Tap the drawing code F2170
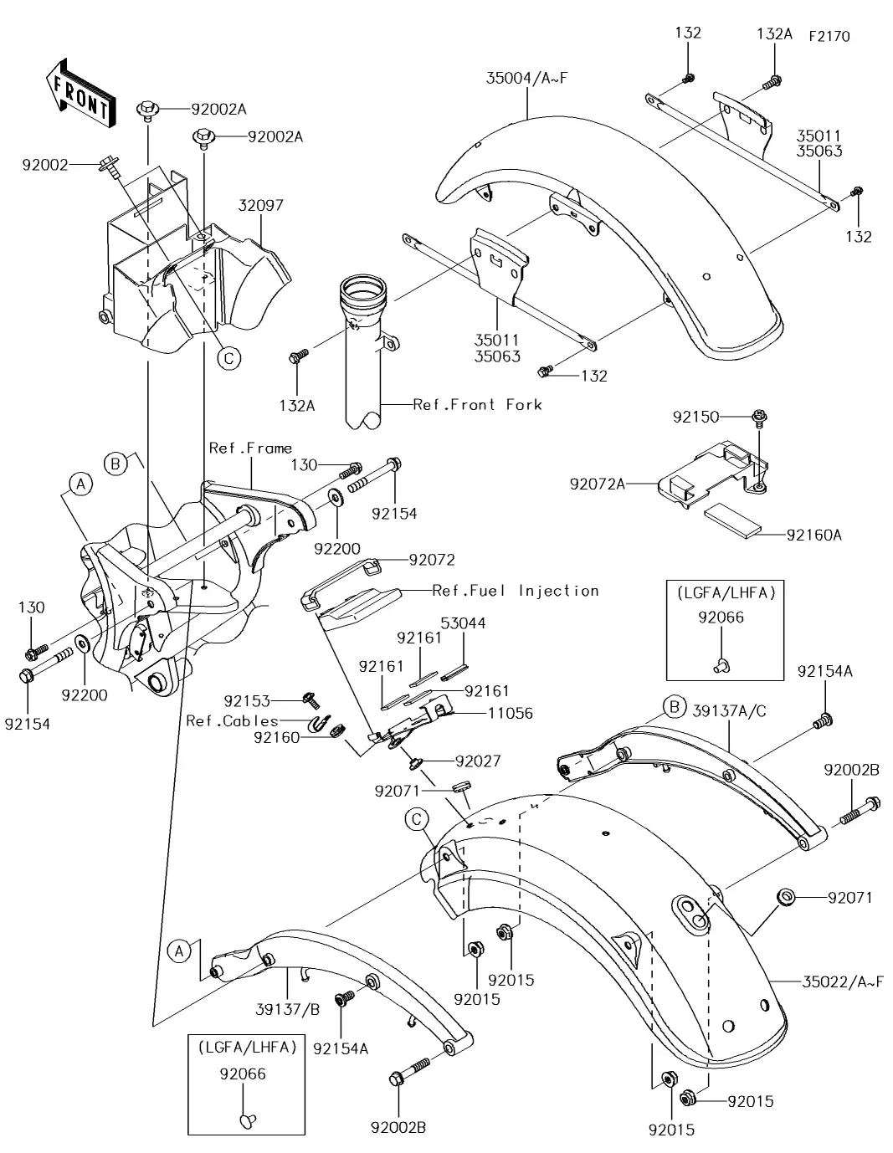[829, 37]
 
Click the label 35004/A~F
[526, 79]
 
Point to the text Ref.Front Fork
[477, 405]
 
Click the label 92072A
[598, 484]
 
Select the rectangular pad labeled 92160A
[731, 518]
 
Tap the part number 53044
[463, 623]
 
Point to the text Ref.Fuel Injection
[516, 591]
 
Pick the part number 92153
[247, 699]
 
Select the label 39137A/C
[729, 711]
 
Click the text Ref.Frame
[250, 448]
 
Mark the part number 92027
[478, 761]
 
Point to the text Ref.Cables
[232, 720]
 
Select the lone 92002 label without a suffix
[45, 166]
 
